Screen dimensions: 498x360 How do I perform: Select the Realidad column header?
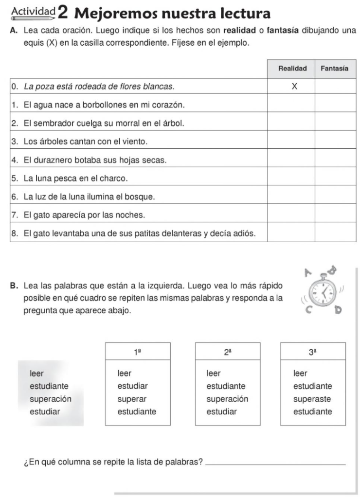292,69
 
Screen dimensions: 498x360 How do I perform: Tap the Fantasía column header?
335,69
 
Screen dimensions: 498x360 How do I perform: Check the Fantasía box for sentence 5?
335,178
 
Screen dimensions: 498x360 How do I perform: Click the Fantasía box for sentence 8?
335,233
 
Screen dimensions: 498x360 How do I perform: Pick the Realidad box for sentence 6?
292,196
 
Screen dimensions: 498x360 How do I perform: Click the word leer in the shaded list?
36,373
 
